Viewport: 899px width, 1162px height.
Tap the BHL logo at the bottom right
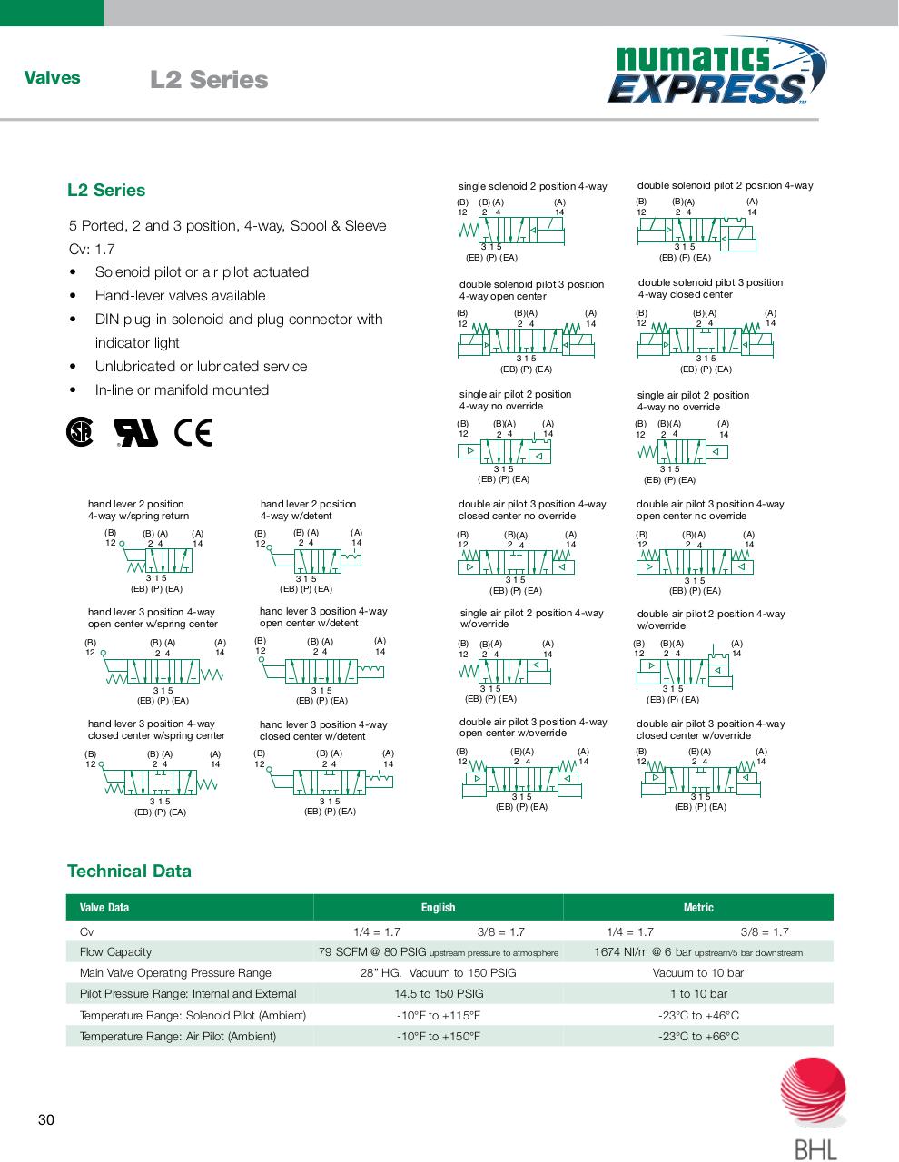(814, 1109)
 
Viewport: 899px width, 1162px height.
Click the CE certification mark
(193, 433)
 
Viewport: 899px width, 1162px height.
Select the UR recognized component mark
(135, 433)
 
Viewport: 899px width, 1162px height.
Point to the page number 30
(46, 1119)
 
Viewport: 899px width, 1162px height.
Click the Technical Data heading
(129, 871)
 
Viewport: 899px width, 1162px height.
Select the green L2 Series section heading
(106, 190)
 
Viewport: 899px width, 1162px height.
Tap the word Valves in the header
(52, 78)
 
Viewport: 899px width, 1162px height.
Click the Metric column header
(697, 907)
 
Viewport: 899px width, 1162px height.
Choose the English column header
(438, 907)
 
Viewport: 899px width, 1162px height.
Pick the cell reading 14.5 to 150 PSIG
(438, 994)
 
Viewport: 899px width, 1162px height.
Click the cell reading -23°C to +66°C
(697, 1036)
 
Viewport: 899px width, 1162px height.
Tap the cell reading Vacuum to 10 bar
(697, 972)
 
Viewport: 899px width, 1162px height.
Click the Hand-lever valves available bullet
(180, 296)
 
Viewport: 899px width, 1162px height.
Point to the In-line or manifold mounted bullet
(182, 390)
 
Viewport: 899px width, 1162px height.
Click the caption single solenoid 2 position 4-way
(532, 186)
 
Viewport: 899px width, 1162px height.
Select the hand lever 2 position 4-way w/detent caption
(308, 509)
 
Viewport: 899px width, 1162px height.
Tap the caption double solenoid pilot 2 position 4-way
(725, 185)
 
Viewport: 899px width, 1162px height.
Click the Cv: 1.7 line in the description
(92, 249)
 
